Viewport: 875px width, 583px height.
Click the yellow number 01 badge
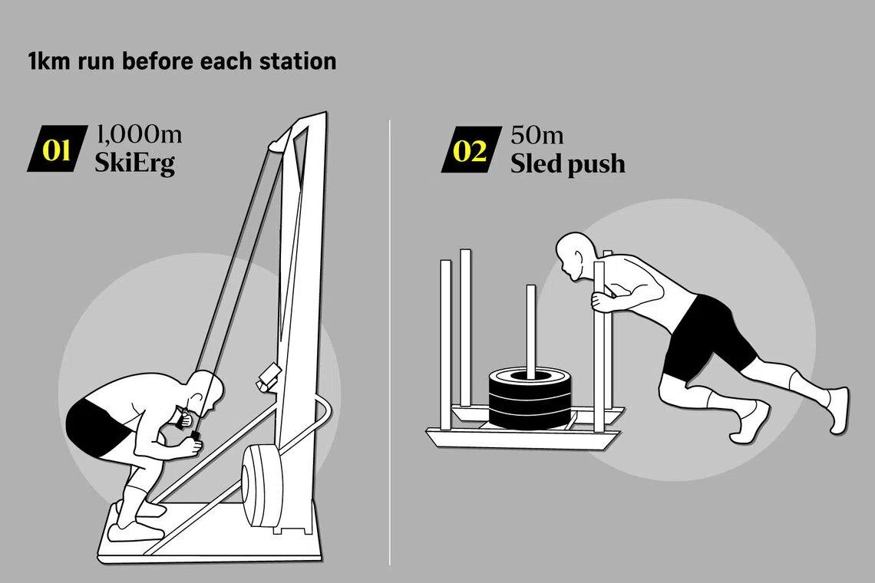click(x=58, y=149)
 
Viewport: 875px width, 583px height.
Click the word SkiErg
click(x=134, y=163)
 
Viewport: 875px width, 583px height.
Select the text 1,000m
click(x=140, y=134)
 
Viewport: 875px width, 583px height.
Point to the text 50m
click(x=537, y=135)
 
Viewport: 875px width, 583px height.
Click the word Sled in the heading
click(x=535, y=163)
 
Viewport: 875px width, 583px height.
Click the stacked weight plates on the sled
click(x=530, y=398)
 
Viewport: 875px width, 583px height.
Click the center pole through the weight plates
click(x=530, y=329)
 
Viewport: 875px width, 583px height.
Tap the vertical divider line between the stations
click(x=389, y=342)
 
